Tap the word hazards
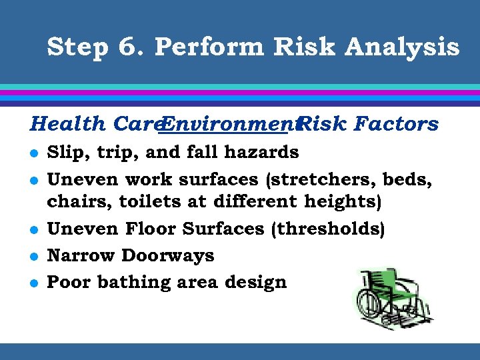point(261,153)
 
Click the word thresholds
point(327,229)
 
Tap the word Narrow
point(81,255)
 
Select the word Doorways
point(168,255)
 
